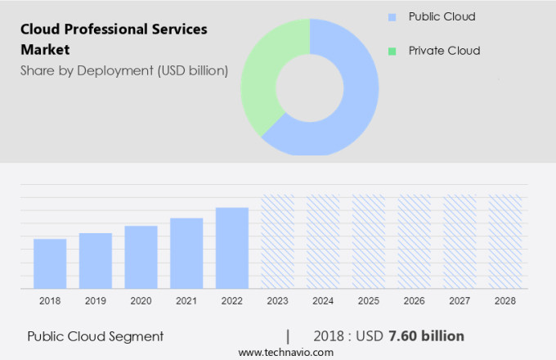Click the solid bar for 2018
click(50, 263)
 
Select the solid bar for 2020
click(141, 257)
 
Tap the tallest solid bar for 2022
click(232, 248)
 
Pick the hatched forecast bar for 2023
click(278, 241)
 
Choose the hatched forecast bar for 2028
click(505, 241)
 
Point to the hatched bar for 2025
click(369, 241)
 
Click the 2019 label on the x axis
click(96, 301)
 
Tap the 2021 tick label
click(186, 301)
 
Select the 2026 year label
click(414, 301)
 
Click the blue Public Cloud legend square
click(392, 17)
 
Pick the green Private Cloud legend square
click(392, 51)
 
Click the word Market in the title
click(45, 49)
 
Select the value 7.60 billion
click(427, 336)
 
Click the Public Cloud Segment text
click(96, 336)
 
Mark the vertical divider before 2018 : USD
click(288, 336)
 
